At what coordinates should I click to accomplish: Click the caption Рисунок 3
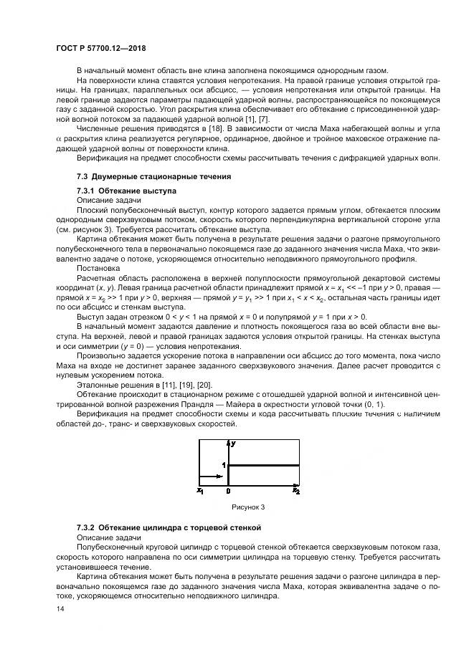click(x=247, y=507)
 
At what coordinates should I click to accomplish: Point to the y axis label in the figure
click(x=234, y=445)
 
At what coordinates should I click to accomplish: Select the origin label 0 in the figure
click(x=228, y=491)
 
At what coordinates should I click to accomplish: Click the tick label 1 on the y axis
click(x=223, y=465)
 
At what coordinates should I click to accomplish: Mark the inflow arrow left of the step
click(x=212, y=476)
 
